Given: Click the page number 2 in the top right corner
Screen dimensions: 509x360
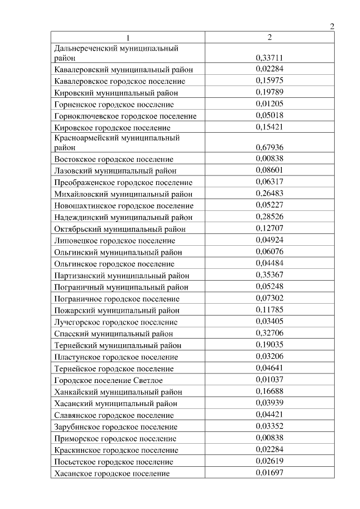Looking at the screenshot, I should (332, 26).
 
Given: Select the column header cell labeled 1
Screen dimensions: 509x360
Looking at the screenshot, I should (128, 37).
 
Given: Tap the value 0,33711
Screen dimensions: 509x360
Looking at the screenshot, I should (269, 57).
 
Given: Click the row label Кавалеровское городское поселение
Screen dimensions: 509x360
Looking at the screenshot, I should (120, 81).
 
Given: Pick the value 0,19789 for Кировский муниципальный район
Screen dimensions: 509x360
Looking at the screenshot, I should (269, 92).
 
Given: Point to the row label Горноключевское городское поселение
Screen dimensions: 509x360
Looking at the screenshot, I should (125, 116).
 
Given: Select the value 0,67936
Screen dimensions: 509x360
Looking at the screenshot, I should (269, 147).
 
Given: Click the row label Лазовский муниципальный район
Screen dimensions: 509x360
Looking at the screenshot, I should (115, 170).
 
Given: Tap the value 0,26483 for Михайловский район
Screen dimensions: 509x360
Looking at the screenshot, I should (269, 193).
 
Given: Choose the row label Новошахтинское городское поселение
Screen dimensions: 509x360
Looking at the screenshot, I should (124, 206).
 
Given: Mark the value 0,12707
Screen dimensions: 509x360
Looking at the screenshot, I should (269, 228).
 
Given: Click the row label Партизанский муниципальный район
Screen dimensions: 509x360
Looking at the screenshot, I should (121, 276).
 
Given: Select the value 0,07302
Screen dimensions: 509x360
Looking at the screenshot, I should (269, 298).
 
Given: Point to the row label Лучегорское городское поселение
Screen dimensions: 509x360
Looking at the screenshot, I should (116, 322).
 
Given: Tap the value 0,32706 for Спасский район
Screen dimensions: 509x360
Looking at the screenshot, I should (269, 334).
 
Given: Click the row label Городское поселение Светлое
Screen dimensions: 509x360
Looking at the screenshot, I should (109, 381).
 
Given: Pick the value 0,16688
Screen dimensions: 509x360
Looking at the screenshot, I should (269, 391).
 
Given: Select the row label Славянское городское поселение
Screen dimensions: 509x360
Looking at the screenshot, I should (114, 416).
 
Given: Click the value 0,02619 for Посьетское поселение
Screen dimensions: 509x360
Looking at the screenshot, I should (269, 462).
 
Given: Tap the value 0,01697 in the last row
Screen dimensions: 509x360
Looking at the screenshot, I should (269, 473).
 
